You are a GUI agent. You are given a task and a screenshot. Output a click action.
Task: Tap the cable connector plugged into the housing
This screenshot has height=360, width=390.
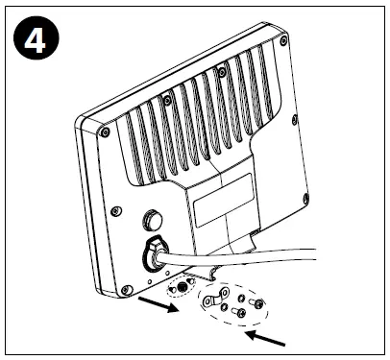pos(155,255)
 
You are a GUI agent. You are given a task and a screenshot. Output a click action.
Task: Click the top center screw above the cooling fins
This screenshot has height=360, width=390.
pos(168,99)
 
